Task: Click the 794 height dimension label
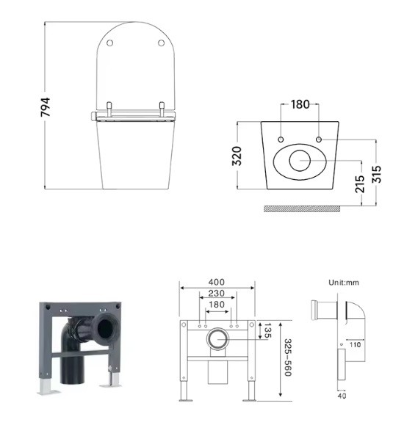(45, 107)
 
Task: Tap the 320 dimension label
(237, 156)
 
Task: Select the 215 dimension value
(360, 184)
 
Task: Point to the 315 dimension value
(377, 174)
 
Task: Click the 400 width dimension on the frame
(216, 282)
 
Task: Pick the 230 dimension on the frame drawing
(216, 294)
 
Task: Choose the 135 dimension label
(268, 330)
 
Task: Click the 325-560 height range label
(288, 358)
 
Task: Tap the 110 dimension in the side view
(356, 344)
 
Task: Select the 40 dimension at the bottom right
(342, 396)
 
